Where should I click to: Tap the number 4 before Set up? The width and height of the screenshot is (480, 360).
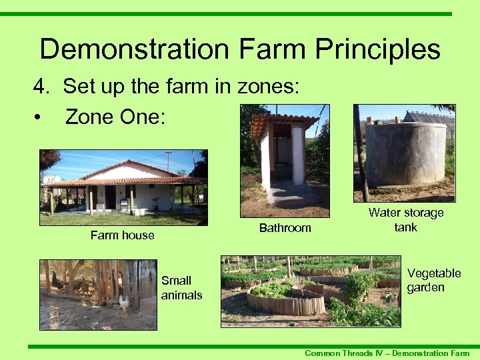tap(41, 86)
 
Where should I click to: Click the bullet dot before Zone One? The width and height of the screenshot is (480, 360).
tap(41, 117)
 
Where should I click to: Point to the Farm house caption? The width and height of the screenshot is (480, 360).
tap(122, 235)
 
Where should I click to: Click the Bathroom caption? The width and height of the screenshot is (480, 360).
tap(285, 228)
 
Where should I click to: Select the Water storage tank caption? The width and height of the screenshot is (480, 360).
tap(405, 220)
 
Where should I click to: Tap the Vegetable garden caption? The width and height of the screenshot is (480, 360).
tap(434, 281)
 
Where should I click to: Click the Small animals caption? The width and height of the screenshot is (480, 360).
tap(181, 287)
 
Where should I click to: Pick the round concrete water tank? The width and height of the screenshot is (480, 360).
tap(406, 153)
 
